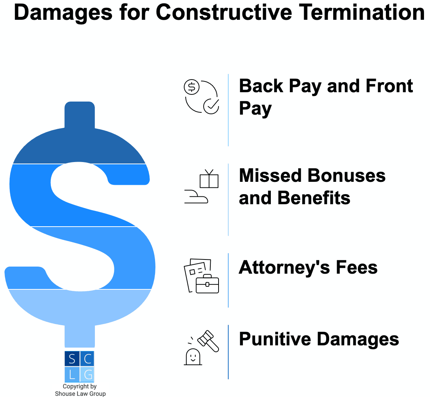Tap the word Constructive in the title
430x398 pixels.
(x=224, y=12)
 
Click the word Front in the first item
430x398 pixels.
(x=389, y=86)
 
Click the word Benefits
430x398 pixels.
(x=314, y=198)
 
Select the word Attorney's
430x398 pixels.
(x=284, y=267)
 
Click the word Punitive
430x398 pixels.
(x=275, y=339)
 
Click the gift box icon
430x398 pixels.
(x=209, y=179)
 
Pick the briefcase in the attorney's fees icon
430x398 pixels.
(x=207, y=284)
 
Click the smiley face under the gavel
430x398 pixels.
(x=193, y=357)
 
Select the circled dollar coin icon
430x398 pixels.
(x=191, y=87)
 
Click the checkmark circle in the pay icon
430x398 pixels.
(x=211, y=106)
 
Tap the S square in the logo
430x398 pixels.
(x=72, y=359)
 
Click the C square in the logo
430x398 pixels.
(x=87, y=359)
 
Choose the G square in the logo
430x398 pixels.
(x=87, y=374)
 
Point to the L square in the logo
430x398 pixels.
(x=72, y=374)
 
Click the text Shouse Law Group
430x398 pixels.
(x=80, y=394)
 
